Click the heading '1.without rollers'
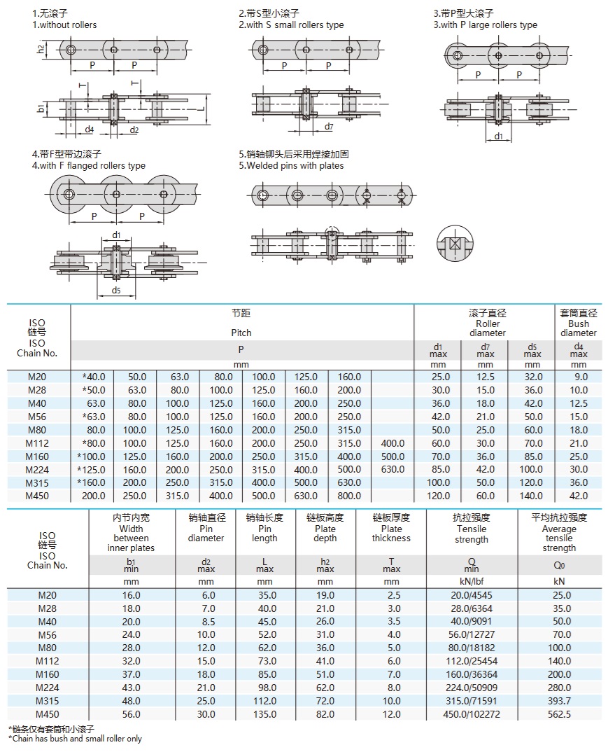64,25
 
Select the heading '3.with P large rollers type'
485,25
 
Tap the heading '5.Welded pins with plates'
291,166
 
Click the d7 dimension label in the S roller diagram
329,127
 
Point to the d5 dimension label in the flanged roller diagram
116,291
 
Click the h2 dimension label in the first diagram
41,49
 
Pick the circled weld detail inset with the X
455,244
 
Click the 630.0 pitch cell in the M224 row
393,470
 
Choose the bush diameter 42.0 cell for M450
579,496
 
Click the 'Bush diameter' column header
579,323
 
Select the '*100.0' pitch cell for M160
92,457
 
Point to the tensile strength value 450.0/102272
471,714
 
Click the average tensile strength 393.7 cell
559,701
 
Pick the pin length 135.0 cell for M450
264,714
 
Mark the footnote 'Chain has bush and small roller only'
75,739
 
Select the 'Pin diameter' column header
206,529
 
